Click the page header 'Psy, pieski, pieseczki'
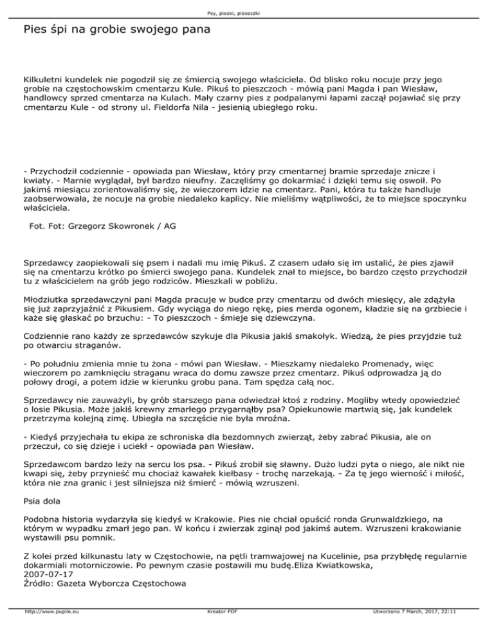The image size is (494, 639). tap(247, 12)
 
